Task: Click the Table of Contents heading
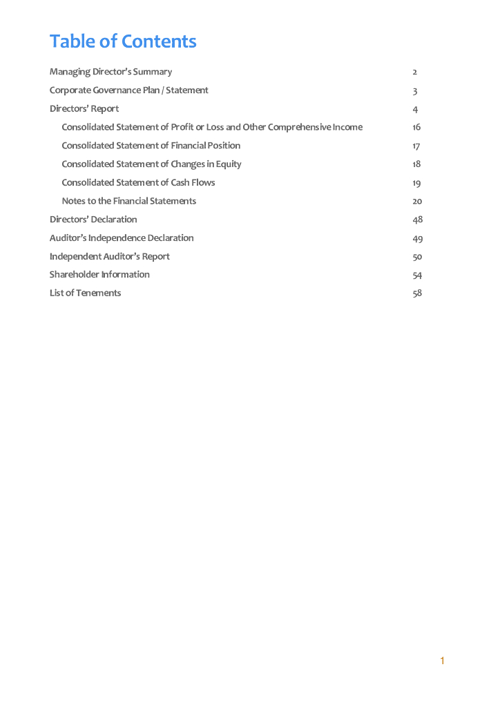(123, 41)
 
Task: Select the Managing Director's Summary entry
(110, 72)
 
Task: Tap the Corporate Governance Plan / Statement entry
(128, 90)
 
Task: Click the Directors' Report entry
(84, 108)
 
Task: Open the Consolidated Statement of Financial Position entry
(151, 146)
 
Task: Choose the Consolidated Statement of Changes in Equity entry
(151, 164)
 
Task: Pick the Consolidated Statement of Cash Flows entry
(138, 182)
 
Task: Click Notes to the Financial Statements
(128, 201)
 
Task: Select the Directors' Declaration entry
(93, 220)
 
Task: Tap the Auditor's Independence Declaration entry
(122, 238)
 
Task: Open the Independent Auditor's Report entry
(109, 256)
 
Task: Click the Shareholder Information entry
(99, 275)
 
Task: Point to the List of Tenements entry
(85, 293)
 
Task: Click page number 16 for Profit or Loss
(416, 127)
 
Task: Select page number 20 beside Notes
(417, 201)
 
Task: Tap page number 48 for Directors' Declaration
(417, 220)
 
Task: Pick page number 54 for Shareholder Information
(417, 275)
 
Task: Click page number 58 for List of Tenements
(417, 293)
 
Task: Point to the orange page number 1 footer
(442, 661)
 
